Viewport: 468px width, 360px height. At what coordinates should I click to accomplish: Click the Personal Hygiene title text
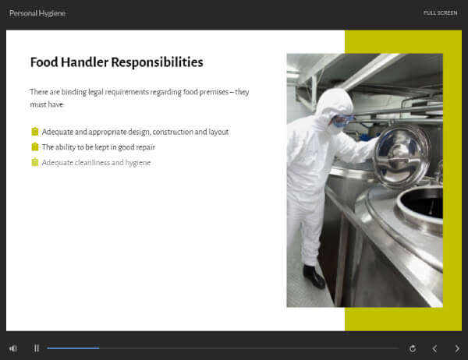coord(37,13)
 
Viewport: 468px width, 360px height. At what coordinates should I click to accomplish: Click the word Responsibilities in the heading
coord(157,62)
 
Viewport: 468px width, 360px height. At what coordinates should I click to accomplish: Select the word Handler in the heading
coord(84,62)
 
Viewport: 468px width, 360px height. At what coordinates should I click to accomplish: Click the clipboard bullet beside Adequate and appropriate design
coord(35,132)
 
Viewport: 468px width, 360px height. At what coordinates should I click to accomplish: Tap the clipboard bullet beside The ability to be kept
coord(35,146)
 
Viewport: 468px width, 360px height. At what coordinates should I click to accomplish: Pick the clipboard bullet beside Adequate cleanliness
coord(35,162)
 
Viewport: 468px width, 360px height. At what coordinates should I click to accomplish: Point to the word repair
coord(145,147)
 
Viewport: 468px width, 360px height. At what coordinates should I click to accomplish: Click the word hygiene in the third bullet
coord(137,163)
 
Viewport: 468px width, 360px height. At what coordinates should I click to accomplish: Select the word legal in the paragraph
coord(95,92)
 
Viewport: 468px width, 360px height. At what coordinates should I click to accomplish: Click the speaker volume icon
coord(13,348)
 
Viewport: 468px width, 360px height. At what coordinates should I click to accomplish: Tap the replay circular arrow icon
coord(413,348)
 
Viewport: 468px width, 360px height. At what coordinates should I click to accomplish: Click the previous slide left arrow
coord(434,348)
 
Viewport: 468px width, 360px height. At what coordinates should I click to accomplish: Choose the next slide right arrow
coord(457,348)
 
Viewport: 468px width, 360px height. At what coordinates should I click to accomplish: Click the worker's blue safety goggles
coord(342,120)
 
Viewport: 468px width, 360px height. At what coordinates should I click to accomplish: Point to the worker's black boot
coord(314,277)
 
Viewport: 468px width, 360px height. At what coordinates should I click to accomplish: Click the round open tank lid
coord(402,156)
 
